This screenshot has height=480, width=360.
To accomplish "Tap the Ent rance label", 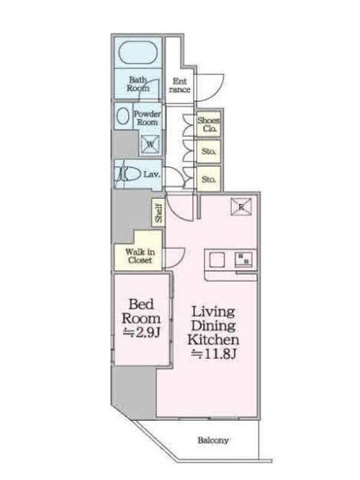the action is pos(179,85).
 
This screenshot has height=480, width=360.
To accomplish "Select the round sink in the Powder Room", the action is pos(123,116).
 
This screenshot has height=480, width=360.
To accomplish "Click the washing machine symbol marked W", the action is pos(151,144).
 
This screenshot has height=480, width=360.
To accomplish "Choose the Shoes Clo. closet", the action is pos(208,124).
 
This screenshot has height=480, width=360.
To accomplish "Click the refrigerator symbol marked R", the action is pos(241,207).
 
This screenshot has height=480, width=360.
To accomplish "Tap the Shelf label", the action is pos(158,213).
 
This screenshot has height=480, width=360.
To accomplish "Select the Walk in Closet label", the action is pos(140,256).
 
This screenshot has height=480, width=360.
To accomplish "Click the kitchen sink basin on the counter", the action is pos(217,260).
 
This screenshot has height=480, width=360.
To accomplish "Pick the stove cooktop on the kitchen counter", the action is pos(244,259).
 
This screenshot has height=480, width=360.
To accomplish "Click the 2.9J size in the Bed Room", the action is pos(141,332).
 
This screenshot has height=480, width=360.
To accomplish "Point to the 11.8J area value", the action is pos(214,354).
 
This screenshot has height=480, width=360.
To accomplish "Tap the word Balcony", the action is pos(213,440).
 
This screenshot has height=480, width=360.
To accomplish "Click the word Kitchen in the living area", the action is pos(214,340).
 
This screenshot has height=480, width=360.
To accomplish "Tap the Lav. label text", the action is pos(152,175).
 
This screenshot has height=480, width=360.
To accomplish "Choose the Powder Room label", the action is pos(147,118).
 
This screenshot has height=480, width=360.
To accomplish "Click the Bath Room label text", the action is pos(138,84).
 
